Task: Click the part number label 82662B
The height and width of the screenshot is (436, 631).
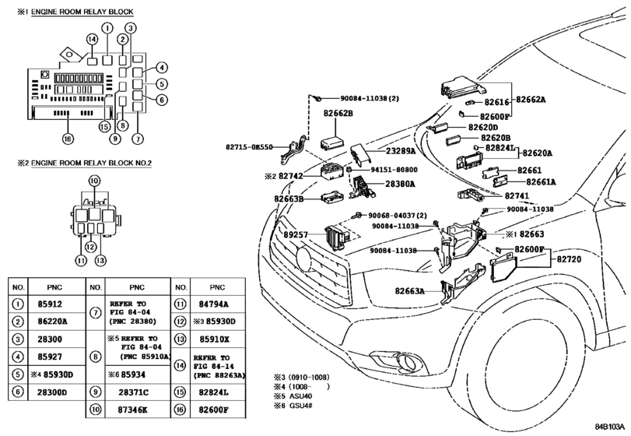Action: (338, 114)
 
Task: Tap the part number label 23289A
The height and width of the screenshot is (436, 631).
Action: (401, 151)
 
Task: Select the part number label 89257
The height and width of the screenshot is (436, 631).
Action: (296, 234)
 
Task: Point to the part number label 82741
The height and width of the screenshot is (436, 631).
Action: (517, 195)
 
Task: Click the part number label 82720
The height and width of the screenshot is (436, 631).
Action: (569, 259)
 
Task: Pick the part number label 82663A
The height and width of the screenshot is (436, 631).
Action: (410, 290)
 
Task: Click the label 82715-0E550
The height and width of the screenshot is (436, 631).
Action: (249, 147)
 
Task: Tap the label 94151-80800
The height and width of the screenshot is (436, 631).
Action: (394, 170)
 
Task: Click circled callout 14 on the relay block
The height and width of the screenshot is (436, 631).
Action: (92, 39)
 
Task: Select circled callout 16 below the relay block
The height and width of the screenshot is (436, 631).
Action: (68, 139)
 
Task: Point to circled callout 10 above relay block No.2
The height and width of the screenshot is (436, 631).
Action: (94, 181)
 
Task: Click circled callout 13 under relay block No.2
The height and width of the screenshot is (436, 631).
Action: (100, 261)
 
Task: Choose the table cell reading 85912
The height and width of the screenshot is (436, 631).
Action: (50, 304)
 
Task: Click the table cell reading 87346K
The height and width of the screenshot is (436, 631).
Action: (132, 410)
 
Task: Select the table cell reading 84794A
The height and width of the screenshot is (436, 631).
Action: (213, 304)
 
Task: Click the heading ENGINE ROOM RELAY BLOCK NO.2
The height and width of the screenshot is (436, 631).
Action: (91, 163)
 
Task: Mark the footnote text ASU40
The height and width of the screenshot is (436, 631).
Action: (300, 396)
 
